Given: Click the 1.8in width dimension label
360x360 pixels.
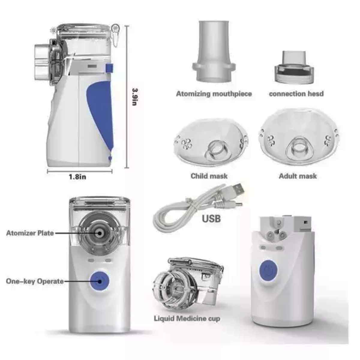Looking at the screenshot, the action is pyautogui.click(x=77, y=177).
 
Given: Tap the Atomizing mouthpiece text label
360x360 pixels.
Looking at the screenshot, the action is pyautogui.click(x=214, y=94).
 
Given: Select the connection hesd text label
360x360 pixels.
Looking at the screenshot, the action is pyautogui.click(x=296, y=94).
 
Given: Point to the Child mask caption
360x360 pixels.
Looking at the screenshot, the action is pyautogui.click(x=209, y=176).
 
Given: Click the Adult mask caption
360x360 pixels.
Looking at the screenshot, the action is pyautogui.click(x=298, y=176).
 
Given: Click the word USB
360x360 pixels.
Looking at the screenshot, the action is pyautogui.click(x=211, y=219).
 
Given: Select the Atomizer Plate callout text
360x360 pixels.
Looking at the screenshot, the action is pyautogui.click(x=30, y=233).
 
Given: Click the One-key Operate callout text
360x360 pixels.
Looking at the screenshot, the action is pyautogui.click(x=35, y=281).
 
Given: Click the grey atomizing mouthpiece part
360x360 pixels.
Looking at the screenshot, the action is pyautogui.click(x=214, y=51).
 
